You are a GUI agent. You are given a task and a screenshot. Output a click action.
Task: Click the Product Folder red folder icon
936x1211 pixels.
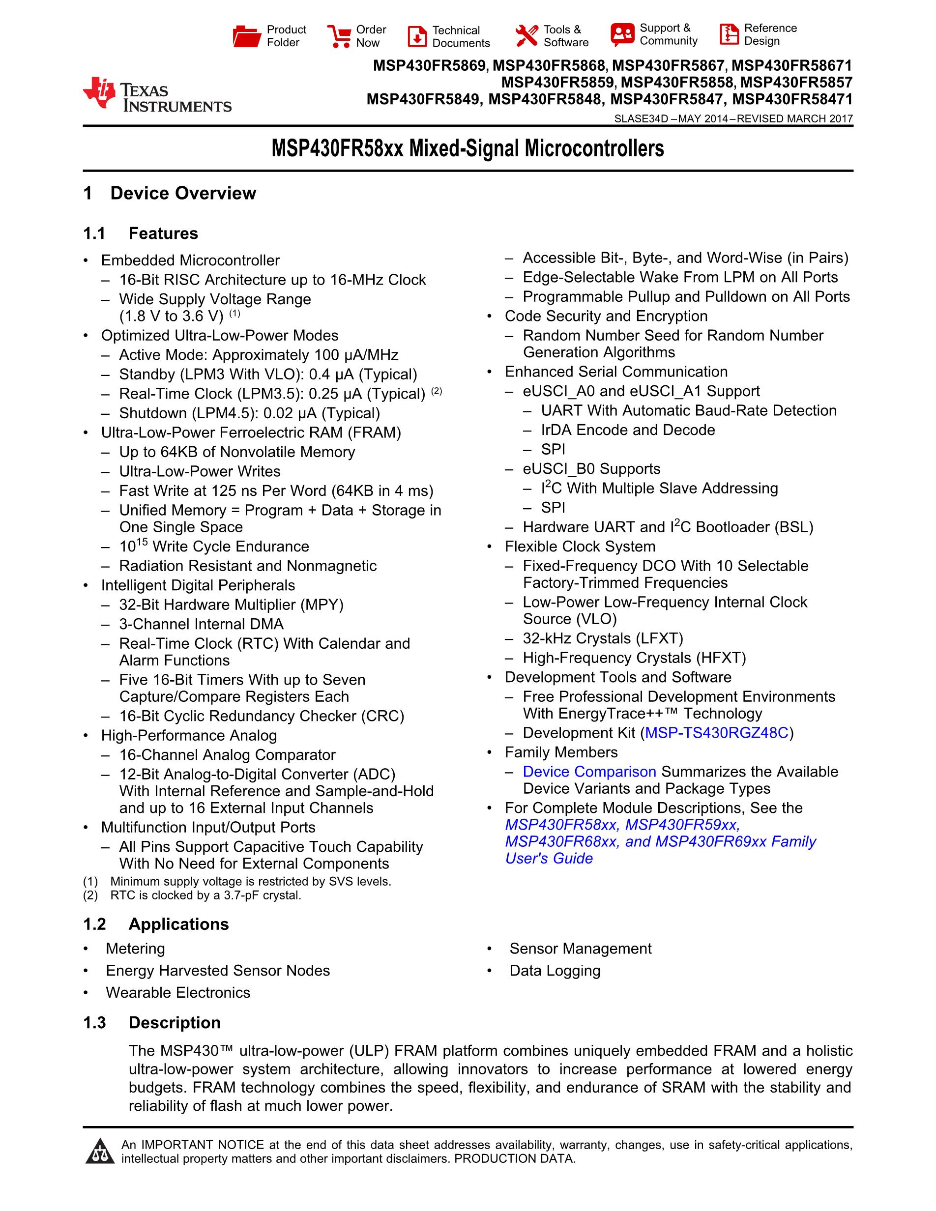247,36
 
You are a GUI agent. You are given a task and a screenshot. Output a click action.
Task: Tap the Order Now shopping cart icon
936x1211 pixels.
338,36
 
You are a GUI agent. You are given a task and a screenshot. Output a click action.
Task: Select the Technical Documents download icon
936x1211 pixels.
417,36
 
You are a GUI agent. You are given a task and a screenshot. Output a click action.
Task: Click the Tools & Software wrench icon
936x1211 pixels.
526,36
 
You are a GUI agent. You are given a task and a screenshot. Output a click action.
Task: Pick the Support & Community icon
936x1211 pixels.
622,34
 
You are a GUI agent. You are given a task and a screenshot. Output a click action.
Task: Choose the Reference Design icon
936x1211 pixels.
729,34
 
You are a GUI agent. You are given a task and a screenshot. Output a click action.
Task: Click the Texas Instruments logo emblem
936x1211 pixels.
99,93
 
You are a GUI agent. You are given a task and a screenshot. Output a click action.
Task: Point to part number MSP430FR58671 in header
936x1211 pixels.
791,66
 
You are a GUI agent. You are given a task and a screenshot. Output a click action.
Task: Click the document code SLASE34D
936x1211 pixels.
641,118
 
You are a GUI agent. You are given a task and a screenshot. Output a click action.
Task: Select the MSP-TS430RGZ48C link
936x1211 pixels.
716,733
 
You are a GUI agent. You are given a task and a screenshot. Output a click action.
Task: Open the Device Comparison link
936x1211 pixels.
589,772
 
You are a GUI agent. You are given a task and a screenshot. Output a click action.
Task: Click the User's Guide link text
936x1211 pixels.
549,858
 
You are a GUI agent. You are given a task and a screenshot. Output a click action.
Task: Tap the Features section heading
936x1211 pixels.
163,233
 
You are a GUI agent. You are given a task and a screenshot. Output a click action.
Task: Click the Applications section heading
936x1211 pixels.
178,924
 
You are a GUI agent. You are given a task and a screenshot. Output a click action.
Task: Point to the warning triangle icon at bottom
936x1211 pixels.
100,1151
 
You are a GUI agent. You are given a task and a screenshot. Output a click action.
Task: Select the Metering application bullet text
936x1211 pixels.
135,949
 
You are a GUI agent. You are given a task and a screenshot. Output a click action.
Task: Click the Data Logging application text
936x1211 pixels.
555,971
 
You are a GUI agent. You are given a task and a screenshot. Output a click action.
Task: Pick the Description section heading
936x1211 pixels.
174,1022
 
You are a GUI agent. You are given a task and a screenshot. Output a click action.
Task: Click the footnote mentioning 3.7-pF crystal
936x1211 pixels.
205,895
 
